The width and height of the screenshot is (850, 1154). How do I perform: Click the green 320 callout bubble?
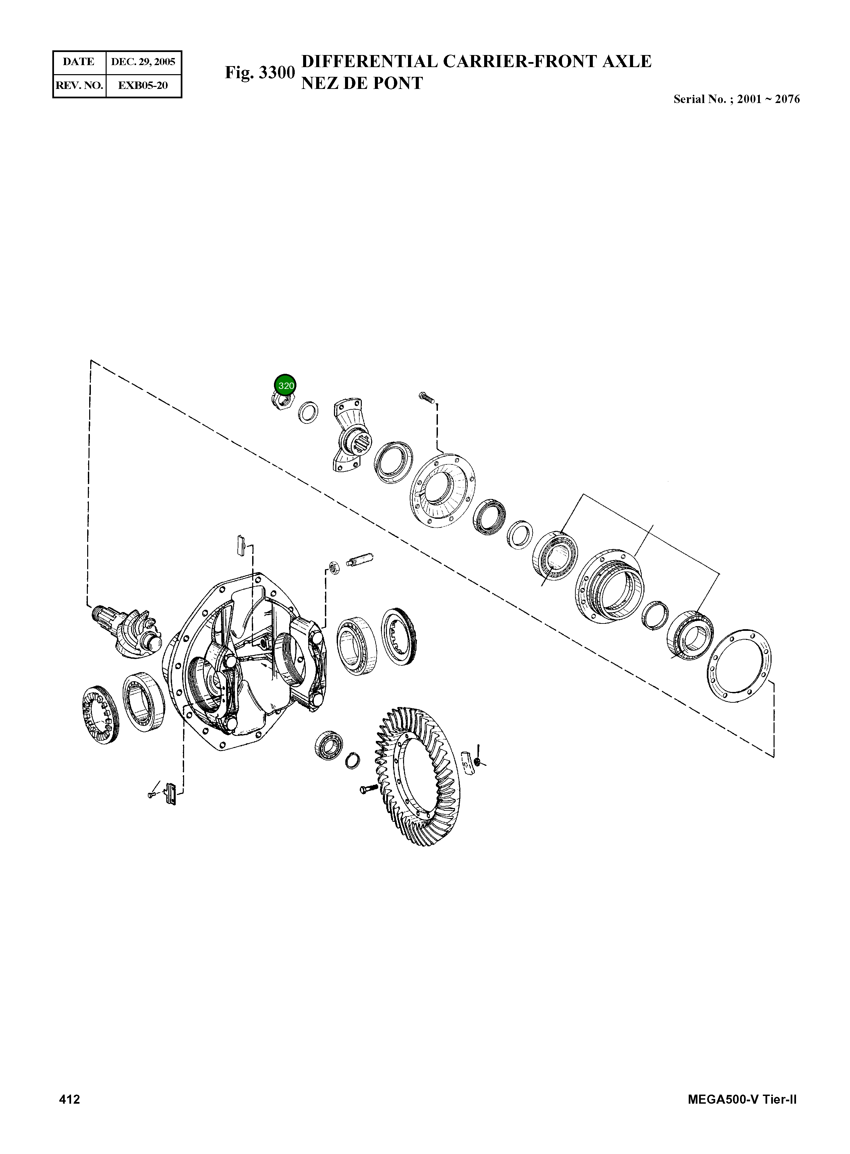pyautogui.click(x=286, y=385)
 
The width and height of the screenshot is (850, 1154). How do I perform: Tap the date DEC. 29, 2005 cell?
pyautogui.click(x=143, y=62)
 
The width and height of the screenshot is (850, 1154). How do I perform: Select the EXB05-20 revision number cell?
pyautogui.click(x=143, y=86)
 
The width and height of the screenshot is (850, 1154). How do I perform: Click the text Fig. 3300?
pyautogui.click(x=260, y=72)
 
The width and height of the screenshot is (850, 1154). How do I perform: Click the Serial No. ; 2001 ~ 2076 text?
pyautogui.click(x=736, y=99)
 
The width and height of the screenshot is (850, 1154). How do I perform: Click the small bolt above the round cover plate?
pyautogui.click(x=427, y=397)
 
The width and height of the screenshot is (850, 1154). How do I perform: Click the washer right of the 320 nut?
pyautogui.click(x=308, y=412)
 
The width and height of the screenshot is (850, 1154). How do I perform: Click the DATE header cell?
pyautogui.click(x=79, y=62)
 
